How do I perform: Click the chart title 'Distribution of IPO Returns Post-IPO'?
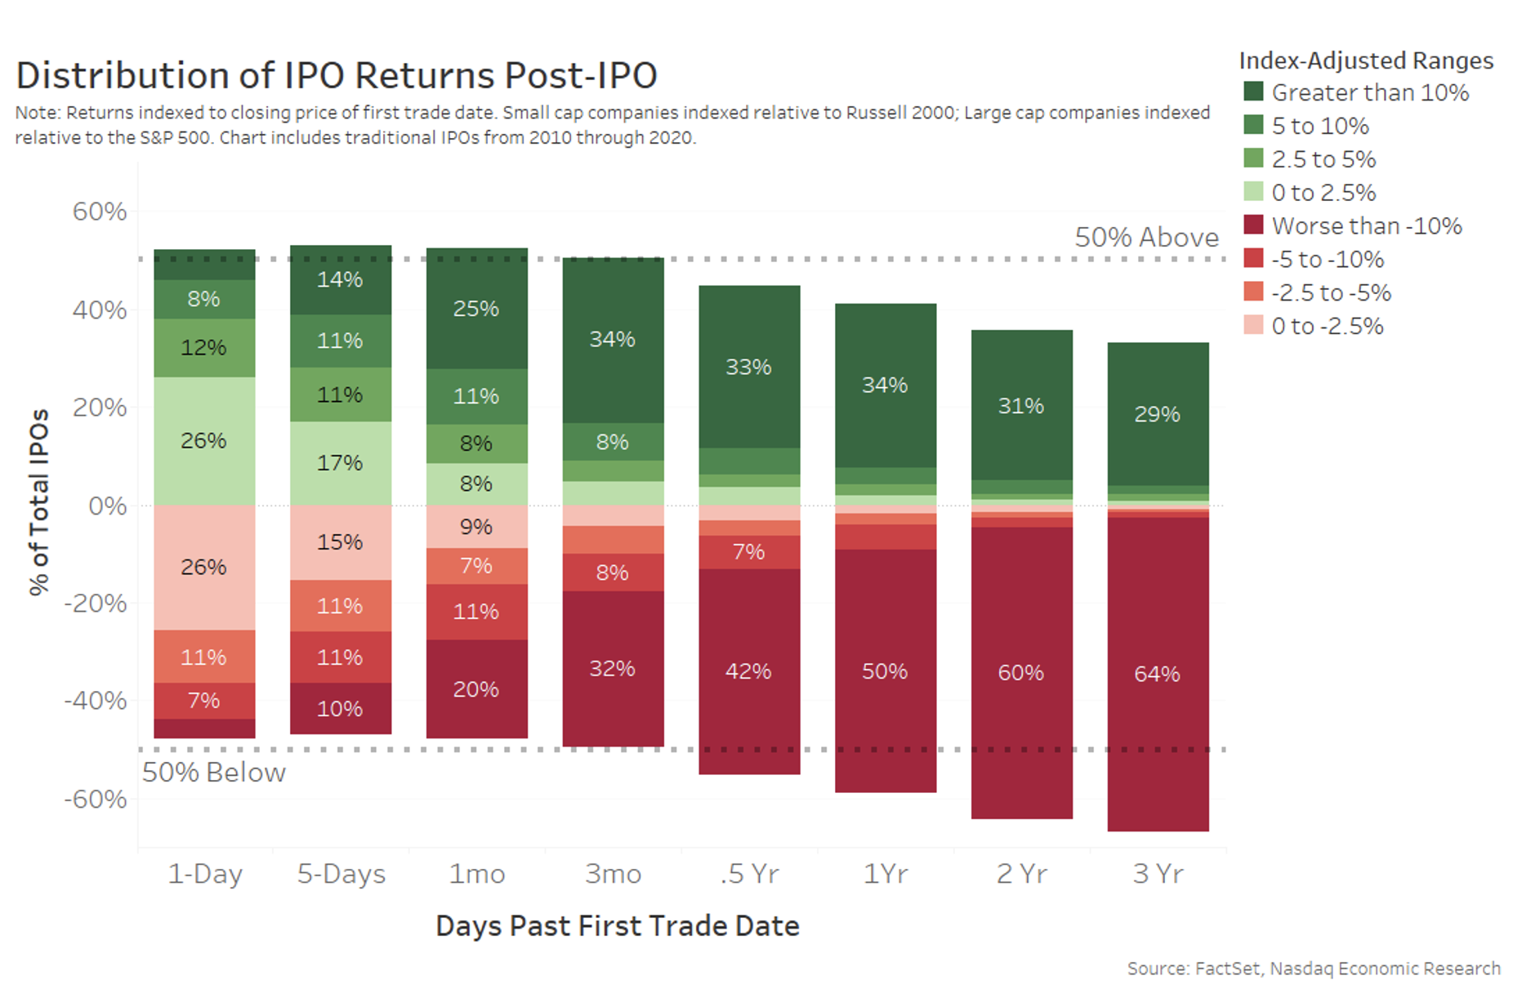[x=336, y=75]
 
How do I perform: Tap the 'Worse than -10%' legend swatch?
[x=1253, y=225]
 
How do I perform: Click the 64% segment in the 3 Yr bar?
[x=1157, y=674]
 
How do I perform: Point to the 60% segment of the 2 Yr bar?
[x=1020, y=672]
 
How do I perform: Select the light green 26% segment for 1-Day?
[x=203, y=441]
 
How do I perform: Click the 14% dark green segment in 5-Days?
[x=340, y=279]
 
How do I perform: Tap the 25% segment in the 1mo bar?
[x=476, y=309]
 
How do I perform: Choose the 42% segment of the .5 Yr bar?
[x=748, y=671]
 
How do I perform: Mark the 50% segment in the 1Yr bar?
[x=885, y=671]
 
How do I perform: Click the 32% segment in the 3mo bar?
[x=612, y=669]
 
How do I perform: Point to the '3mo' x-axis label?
[x=613, y=874]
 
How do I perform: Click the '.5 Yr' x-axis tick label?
[x=749, y=874]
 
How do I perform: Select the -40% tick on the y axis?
[x=96, y=701]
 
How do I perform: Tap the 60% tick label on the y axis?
[x=100, y=212]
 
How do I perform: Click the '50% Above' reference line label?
[x=1145, y=237]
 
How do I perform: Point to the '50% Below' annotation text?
[x=214, y=773]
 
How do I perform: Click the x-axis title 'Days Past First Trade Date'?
[x=617, y=925]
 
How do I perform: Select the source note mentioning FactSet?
[x=1313, y=969]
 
